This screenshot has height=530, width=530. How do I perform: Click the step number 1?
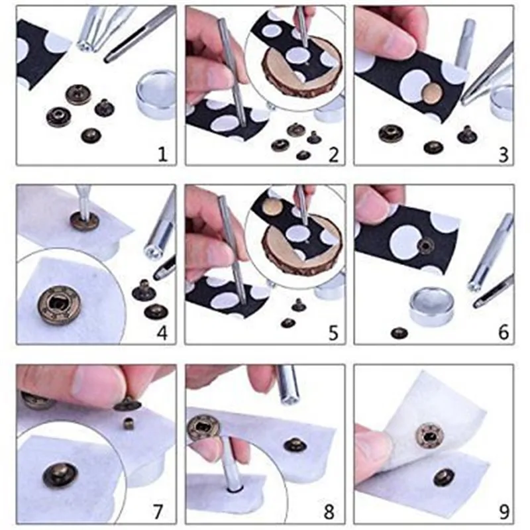pos(163,154)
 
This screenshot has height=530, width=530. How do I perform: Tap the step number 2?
pos(333,154)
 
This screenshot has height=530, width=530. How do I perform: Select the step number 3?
pos(503,154)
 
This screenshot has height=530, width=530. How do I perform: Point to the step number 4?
pos(162,333)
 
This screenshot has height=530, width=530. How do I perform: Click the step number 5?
pos(333,333)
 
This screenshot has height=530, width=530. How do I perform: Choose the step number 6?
pos(503,333)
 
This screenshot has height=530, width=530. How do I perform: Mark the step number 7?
pos(158,511)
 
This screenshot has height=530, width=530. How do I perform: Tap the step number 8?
pos(329,511)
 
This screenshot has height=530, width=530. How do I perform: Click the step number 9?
pos(503,511)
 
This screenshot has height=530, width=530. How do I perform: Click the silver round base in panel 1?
pos(156,93)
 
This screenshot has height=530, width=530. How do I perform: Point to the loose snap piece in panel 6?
pos(399,333)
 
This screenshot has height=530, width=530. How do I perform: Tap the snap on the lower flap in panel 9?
pos(444,477)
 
